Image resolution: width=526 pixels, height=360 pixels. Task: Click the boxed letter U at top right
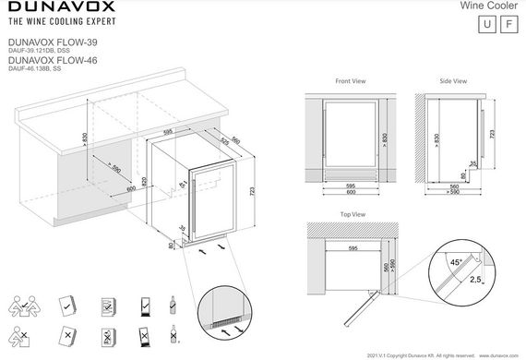[x=484, y=25]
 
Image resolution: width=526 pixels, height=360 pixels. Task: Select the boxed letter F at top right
[x=508, y=25]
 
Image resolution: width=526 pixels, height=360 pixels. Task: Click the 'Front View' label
[x=350, y=81]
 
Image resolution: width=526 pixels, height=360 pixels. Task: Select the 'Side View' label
[x=452, y=81]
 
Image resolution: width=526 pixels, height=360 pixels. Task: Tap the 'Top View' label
[x=353, y=214]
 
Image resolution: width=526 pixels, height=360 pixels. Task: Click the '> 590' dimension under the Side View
[x=453, y=192]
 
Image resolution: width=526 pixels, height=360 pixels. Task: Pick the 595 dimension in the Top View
[x=350, y=247]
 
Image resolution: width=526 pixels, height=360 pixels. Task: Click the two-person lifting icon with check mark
[x=21, y=306]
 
